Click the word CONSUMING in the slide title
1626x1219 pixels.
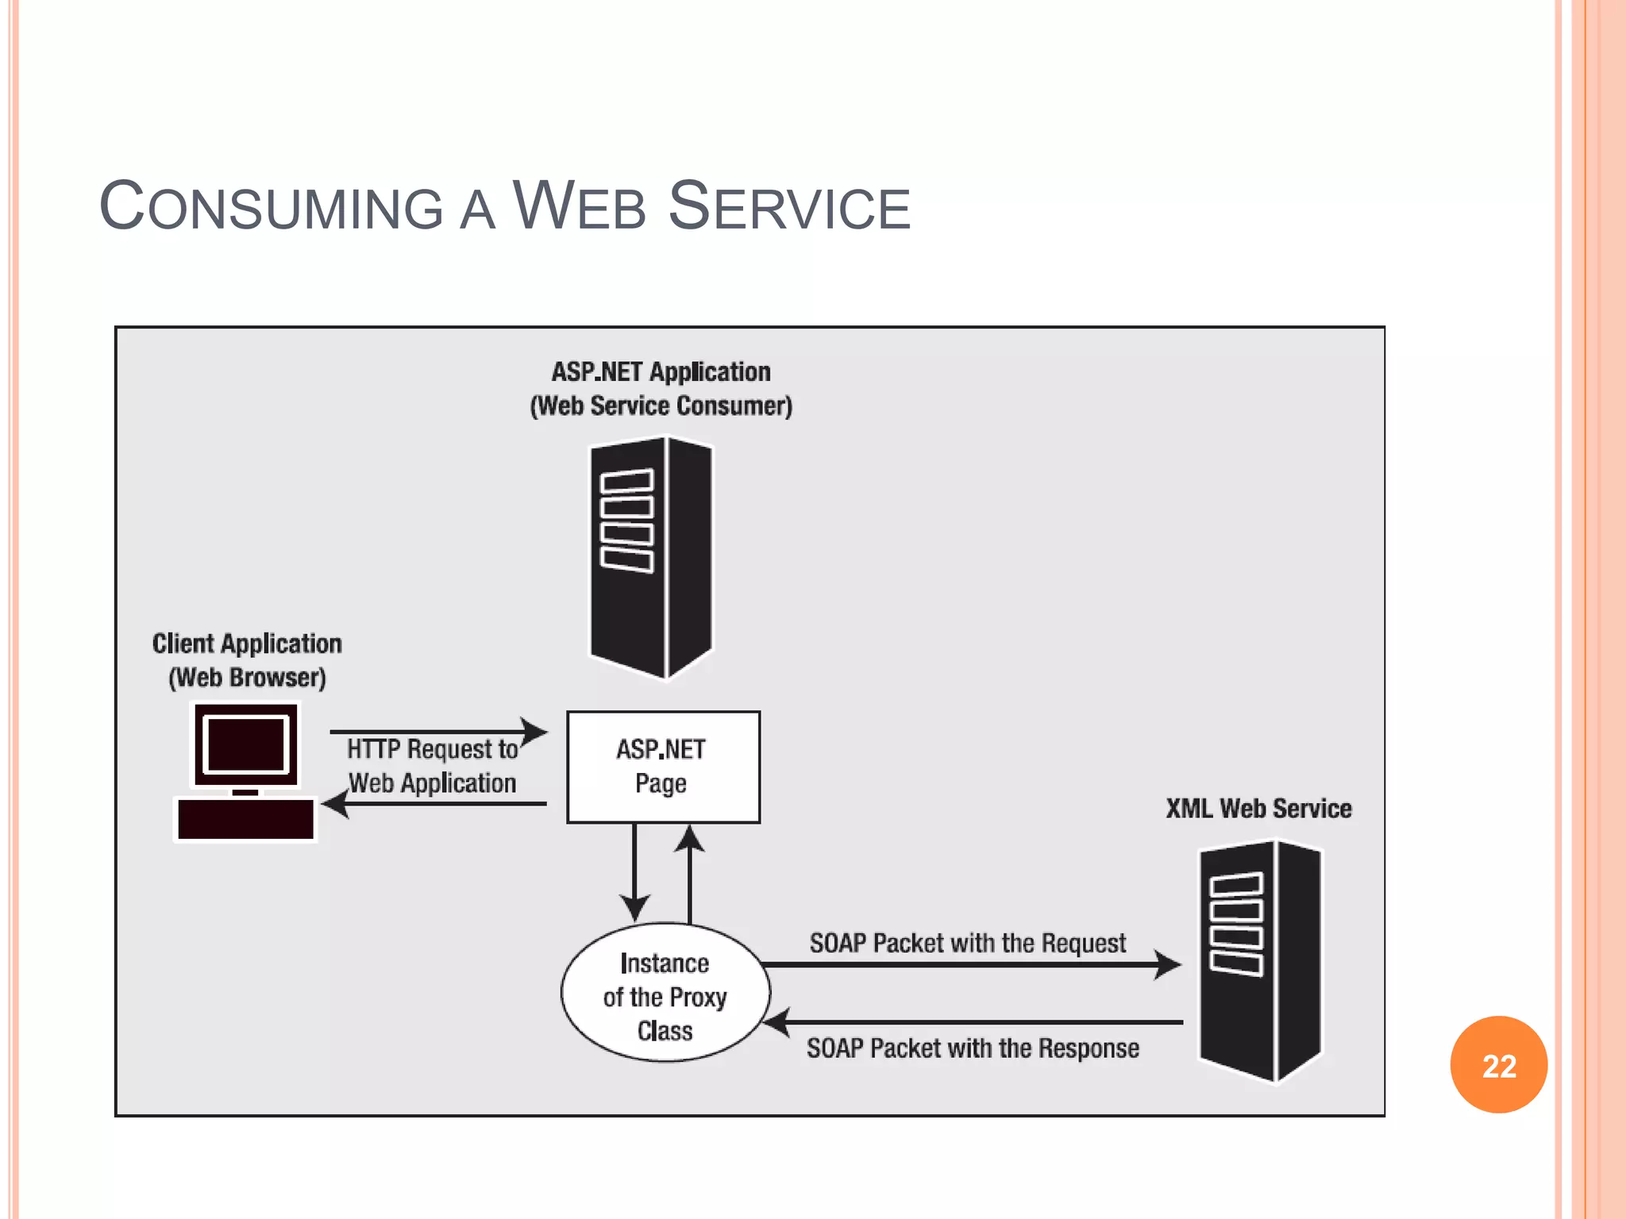tap(271, 207)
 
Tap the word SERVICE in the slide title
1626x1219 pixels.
tap(789, 207)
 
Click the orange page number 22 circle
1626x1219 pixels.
tap(1498, 1064)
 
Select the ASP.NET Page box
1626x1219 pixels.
tap(663, 767)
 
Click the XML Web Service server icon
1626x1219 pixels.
tap(1259, 960)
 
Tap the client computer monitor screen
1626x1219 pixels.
tap(246, 744)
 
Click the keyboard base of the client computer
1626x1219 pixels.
tap(245, 819)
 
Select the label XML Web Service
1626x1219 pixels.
tap(1258, 809)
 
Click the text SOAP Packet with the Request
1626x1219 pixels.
tap(967, 943)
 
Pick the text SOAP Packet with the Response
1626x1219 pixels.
tap(973, 1048)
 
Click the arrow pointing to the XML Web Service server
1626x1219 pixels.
tap(969, 965)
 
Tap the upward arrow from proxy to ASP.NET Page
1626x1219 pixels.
tap(689, 873)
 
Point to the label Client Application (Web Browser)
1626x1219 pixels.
tap(247, 659)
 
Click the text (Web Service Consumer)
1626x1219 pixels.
tap(661, 406)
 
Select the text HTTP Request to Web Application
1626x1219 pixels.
tap(433, 766)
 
